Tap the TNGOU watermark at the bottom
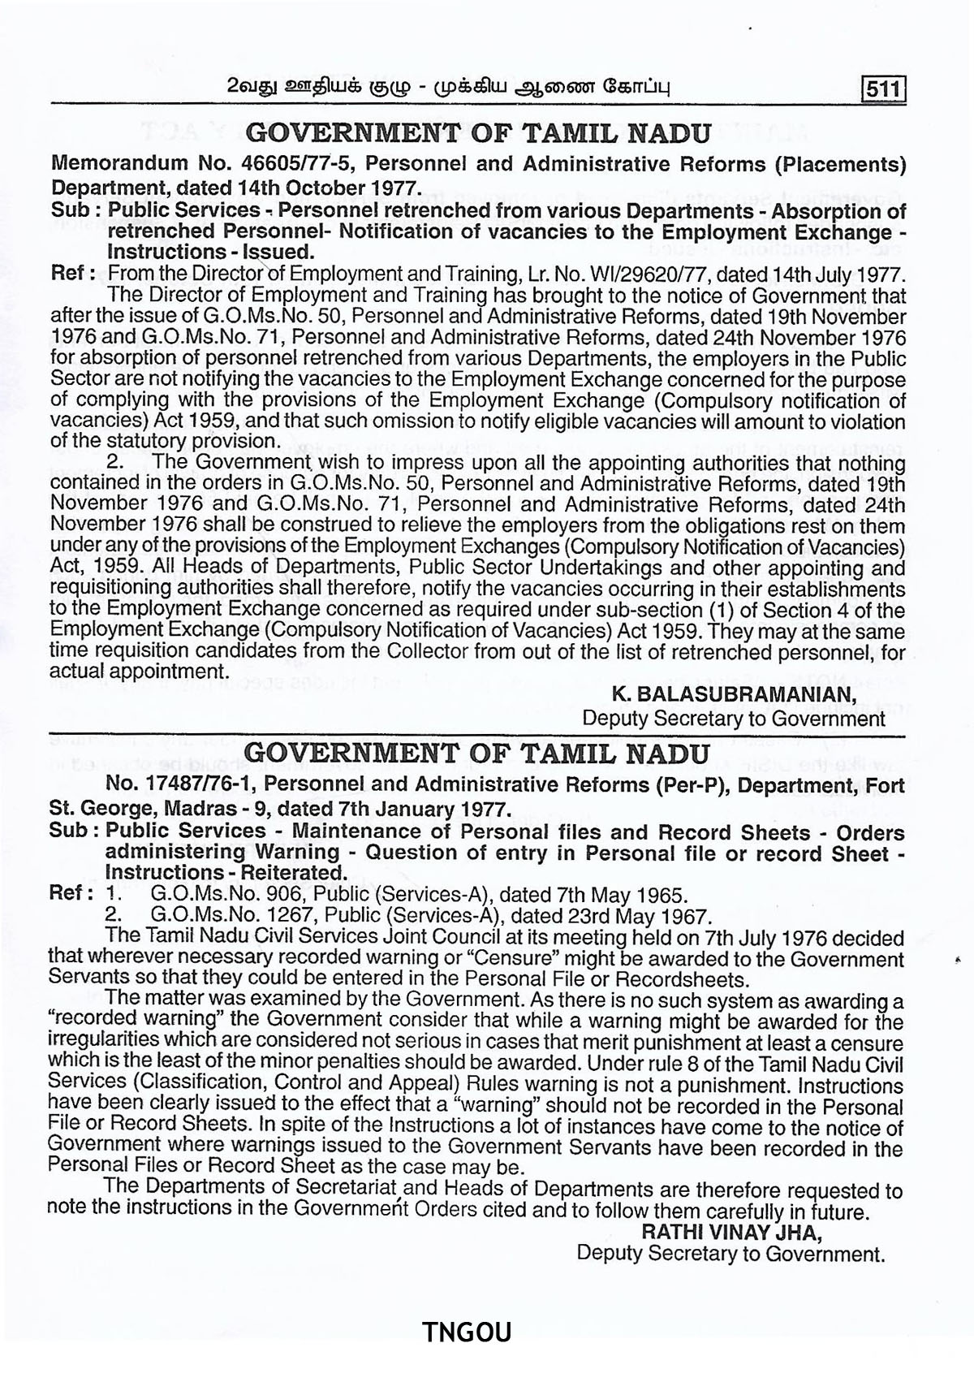point(467,1332)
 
